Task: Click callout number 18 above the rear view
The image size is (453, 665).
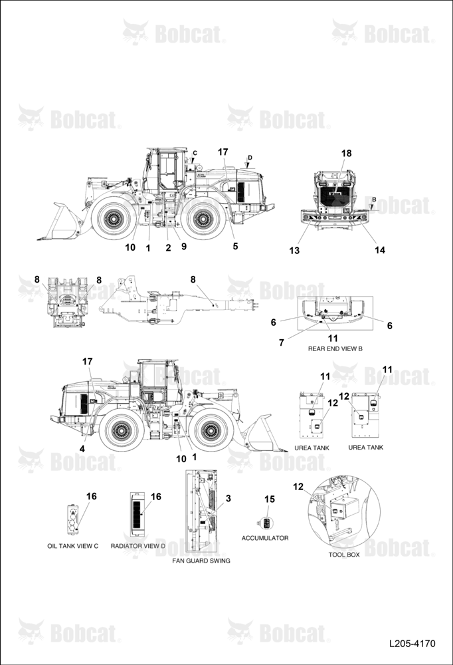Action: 346,153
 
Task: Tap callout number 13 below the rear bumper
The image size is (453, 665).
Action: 294,250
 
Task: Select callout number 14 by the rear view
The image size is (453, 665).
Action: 380,250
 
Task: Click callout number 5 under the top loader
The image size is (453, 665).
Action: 235,246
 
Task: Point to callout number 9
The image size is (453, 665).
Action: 183,246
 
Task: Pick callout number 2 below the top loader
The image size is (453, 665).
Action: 168,248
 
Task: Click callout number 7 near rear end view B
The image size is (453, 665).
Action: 282,342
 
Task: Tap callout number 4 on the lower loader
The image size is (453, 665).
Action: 82,449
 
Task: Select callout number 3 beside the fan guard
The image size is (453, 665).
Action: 228,498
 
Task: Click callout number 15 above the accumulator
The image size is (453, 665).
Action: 270,499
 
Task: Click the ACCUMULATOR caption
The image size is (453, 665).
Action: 265,538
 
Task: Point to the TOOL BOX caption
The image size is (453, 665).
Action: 344,555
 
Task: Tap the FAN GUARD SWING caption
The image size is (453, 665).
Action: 201,560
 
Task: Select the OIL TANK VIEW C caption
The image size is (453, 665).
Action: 72,546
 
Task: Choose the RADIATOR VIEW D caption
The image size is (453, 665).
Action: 137,546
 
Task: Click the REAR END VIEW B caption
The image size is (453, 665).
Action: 335,348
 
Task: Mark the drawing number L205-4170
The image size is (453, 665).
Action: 412,643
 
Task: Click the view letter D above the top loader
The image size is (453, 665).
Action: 250,158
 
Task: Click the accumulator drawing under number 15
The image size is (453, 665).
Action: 265,523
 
